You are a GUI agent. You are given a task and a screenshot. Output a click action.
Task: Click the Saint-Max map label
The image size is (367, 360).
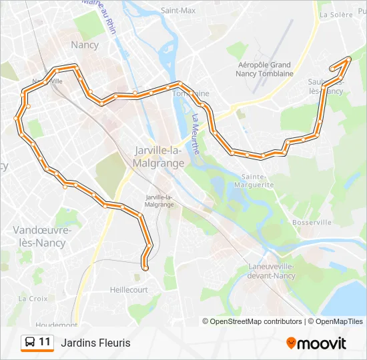click(x=178, y=11)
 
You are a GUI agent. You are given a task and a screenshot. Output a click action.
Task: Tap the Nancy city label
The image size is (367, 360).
click(x=84, y=45)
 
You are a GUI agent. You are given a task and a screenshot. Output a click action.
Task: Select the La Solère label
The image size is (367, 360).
click(x=335, y=14)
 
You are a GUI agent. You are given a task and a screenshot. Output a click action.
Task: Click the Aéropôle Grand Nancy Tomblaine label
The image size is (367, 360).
click(x=266, y=69)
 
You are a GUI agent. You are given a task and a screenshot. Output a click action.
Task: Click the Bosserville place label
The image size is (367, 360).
click(x=311, y=222)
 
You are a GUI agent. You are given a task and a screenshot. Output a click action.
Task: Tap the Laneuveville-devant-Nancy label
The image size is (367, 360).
click(x=271, y=271)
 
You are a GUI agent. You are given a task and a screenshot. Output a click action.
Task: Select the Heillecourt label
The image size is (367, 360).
click(x=129, y=290)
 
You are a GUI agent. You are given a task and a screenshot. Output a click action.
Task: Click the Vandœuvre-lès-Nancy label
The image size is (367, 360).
click(x=39, y=236)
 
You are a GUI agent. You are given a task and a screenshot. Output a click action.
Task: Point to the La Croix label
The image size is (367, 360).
click(x=33, y=299)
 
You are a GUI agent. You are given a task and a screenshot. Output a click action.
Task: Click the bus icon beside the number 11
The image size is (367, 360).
click(x=30, y=343)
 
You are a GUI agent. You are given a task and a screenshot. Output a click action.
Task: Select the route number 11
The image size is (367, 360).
click(x=45, y=343)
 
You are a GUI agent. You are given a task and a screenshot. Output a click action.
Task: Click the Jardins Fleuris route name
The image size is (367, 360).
click(x=95, y=343)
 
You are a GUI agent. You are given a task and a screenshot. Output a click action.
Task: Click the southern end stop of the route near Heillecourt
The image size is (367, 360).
click(x=145, y=267)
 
